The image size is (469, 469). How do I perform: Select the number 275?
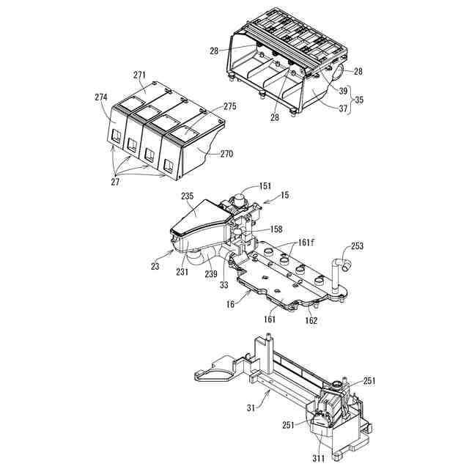click(x=229, y=106)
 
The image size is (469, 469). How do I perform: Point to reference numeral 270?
click(x=226, y=154)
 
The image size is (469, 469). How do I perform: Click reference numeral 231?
click(x=182, y=271)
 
